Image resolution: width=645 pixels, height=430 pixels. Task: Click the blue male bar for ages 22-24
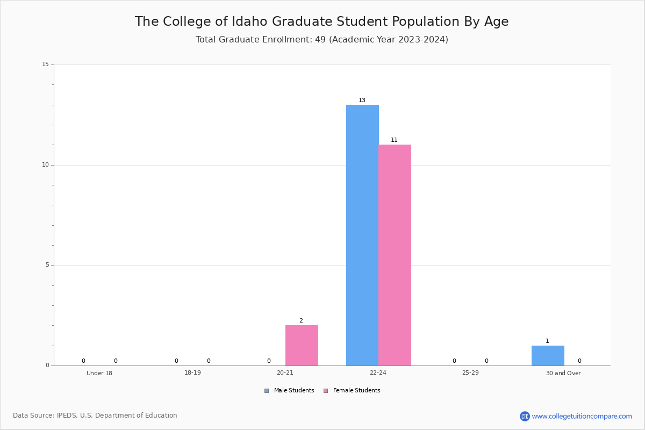pyautogui.click(x=362, y=235)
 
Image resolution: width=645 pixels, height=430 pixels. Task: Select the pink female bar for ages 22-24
pyautogui.click(x=395, y=255)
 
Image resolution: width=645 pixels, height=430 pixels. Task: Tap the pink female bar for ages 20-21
pyautogui.click(x=302, y=345)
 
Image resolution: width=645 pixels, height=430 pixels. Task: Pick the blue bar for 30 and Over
pyautogui.click(x=548, y=355)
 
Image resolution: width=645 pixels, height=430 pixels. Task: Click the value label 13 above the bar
pyautogui.click(x=362, y=100)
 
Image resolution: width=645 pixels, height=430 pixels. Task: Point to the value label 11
pyautogui.click(x=394, y=140)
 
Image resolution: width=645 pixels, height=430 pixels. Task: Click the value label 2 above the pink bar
pyautogui.click(x=301, y=320)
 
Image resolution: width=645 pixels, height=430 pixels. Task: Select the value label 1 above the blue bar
pyautogui.click(x=547, y=341)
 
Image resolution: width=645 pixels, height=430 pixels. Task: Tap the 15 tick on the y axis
pyautogui.click(x=46, y=64)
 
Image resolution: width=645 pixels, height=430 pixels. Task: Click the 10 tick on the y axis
pyautogui.click(x=46, y=164)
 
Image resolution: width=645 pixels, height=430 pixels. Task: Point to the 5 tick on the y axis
pyautogui.click(x=47, y=264)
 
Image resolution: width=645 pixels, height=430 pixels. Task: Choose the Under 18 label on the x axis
pyautogui.click(x=99, y=373)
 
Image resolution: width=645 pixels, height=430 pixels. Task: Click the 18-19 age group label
pyautogui.click(x=192, y=372)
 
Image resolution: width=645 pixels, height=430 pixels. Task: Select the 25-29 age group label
pyautogui.click(x=470, y=372)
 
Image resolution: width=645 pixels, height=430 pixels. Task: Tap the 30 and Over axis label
pyautogui.click(x=563, y=373)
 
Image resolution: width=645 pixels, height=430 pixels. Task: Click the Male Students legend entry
pyautogui.click(x=289, y=390)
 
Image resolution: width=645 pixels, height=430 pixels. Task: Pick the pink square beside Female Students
pyautogui.click(x=326, y=391)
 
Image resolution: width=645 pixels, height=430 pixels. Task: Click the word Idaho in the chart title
pyautogui.click(x=249, y=21)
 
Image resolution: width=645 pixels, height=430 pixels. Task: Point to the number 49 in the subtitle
pyautogui.click(x=320, y=39)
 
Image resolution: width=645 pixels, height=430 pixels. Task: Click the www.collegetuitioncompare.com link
pyautogui.click(x=582, y=416)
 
